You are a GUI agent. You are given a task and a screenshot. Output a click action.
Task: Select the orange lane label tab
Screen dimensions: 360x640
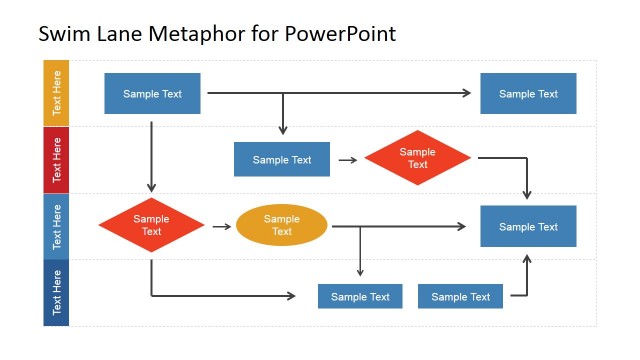[56, 93]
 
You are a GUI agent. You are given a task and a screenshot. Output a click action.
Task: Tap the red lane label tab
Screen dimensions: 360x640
[56, 160]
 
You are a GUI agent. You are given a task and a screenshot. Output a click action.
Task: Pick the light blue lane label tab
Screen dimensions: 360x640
[56, 227]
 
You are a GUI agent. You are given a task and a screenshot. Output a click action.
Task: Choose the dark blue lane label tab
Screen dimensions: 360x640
[56, 293]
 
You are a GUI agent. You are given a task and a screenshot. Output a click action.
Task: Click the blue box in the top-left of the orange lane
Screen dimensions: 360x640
[152, 94]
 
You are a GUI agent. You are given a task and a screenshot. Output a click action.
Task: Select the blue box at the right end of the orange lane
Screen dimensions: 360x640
[528, 94]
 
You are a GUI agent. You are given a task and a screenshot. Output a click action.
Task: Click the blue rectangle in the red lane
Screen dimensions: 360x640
[282, 159]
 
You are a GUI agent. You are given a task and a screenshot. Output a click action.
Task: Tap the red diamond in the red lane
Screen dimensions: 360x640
[417, 158]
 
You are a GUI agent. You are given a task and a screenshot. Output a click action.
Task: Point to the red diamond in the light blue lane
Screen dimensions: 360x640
[151, 225]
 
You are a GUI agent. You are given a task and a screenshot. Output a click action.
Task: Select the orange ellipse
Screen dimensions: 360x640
[282, 225]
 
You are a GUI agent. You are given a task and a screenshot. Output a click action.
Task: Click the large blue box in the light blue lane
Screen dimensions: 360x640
[528, 227]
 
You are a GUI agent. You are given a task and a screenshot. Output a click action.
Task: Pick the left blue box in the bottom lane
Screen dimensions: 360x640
[360, 296]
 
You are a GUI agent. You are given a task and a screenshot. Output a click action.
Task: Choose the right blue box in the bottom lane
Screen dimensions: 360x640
[460, 296]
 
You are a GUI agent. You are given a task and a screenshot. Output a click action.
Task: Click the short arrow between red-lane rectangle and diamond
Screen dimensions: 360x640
[348, 159]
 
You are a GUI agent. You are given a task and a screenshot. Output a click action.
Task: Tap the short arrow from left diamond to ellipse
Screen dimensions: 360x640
[222, 226]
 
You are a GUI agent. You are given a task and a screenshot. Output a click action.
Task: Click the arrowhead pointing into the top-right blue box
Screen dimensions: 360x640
[466, 93]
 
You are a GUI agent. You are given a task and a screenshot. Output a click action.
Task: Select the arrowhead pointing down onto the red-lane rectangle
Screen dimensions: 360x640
[283, 130]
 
